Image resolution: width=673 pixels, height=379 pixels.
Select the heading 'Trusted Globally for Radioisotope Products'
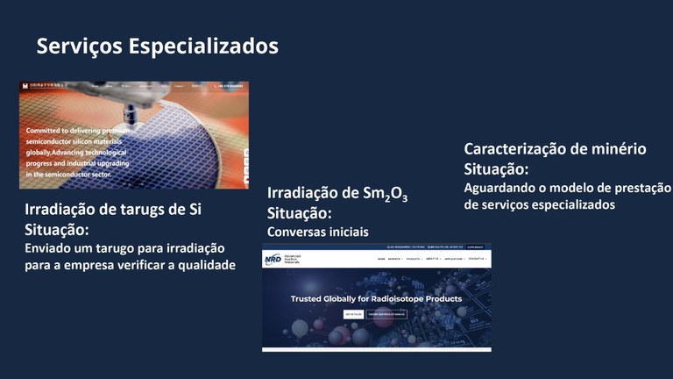[377, 299]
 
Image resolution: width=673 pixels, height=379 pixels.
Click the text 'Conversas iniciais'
[317, 232]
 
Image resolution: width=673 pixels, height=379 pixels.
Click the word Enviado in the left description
[51, 248]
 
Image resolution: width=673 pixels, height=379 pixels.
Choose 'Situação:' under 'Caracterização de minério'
[496, 168]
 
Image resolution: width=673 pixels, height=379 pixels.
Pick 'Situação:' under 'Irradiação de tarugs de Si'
[56, 229]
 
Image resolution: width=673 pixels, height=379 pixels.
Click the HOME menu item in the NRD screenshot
[381, 260]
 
